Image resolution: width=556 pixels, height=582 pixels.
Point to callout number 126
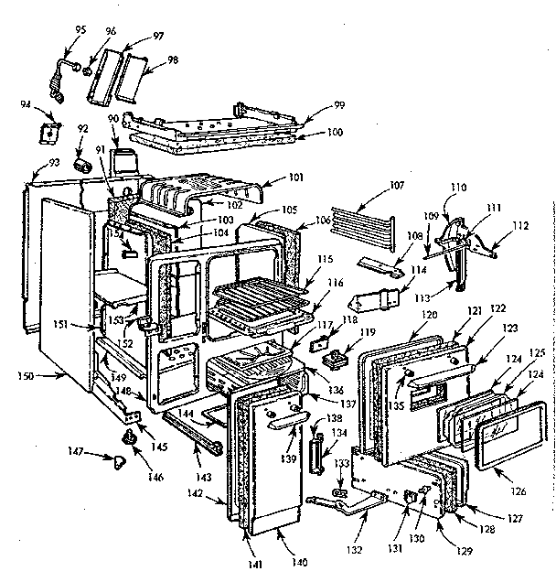pos(519,491)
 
